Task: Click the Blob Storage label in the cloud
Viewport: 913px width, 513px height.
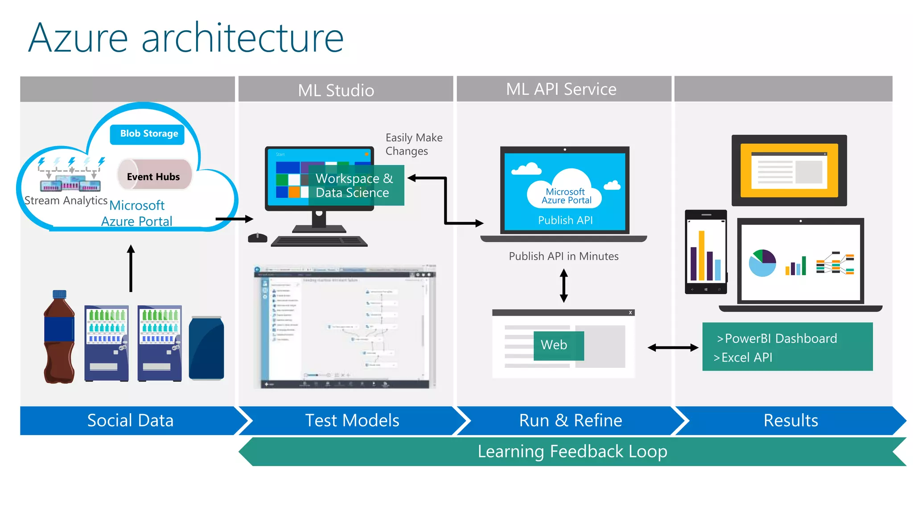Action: pyautogui.click(x=148, y=134)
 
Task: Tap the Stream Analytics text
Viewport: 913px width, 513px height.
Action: pyautogui.click(x=66, y=201)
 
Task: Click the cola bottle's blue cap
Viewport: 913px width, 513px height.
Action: pyautogui.click(x=59, y=294)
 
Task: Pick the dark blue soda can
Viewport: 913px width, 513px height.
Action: pyautogui.click(x=206, y=348)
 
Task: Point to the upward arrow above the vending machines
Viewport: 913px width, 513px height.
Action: pyautogui.click(x=131, y=268)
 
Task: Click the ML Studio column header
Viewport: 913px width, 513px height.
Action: pyautogui.click(x=336, y=90)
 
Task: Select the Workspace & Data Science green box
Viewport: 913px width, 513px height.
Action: pyautogui.click(x=356, y=185)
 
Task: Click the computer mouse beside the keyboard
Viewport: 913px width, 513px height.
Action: pyautogui.click(x=257, y=238)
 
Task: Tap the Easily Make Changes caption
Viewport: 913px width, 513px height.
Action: pyautogui.click(x=413, y=144)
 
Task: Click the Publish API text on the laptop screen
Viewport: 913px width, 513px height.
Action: pyautogui.click(x=565, y=220)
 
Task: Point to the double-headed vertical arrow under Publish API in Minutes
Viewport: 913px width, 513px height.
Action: pyautogui.click(x=564, y=285)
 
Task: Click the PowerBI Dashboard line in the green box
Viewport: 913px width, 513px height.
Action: pyautogui.click(x=777, y=338)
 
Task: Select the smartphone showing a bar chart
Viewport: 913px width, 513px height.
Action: pyautogui.click(x=706, y=252)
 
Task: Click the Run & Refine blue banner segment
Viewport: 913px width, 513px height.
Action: pyautogui.click(x=570, y=420)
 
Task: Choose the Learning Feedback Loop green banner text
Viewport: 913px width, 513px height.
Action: pyautogui.click(x=572, y=452)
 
